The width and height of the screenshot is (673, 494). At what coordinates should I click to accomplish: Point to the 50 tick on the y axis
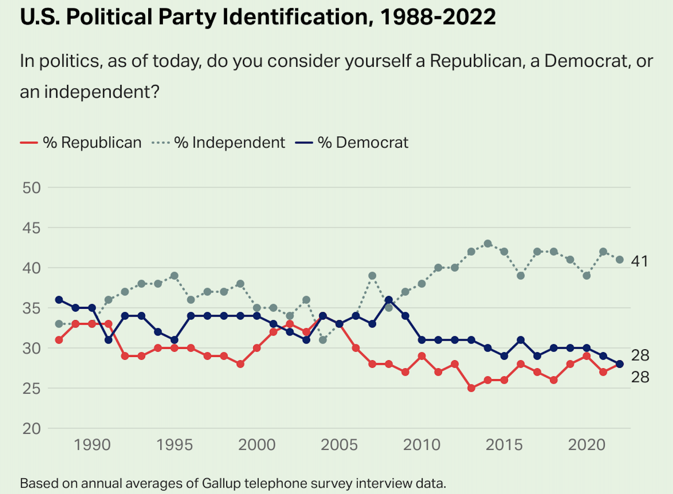click(32, 188)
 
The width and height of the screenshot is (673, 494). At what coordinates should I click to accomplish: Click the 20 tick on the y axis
click(32, 429)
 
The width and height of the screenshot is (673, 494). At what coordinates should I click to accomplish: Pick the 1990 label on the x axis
click(92, 445)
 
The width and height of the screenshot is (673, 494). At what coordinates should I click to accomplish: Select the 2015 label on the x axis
click(504, 445)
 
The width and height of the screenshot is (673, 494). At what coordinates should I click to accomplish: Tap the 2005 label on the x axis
click(339, 445)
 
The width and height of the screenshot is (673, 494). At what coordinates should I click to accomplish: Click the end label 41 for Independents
click(639, 262)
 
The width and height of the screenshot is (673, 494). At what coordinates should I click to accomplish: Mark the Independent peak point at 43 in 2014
click(488, 244)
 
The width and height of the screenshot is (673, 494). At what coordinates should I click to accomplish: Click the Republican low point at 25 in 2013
click(471, 388)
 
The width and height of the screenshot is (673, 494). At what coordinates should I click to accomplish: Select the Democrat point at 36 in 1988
click(59, 300)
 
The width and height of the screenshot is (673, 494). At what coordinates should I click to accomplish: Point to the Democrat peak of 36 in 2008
click(389, 300)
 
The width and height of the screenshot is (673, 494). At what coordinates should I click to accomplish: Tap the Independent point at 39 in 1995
click(175, 276)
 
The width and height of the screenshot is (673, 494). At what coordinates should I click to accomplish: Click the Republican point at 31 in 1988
click(59, 340)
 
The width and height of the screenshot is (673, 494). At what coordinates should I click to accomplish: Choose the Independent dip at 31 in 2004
click(323, 340)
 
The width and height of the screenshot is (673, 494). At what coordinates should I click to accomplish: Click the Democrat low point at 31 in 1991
click(108, 340)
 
